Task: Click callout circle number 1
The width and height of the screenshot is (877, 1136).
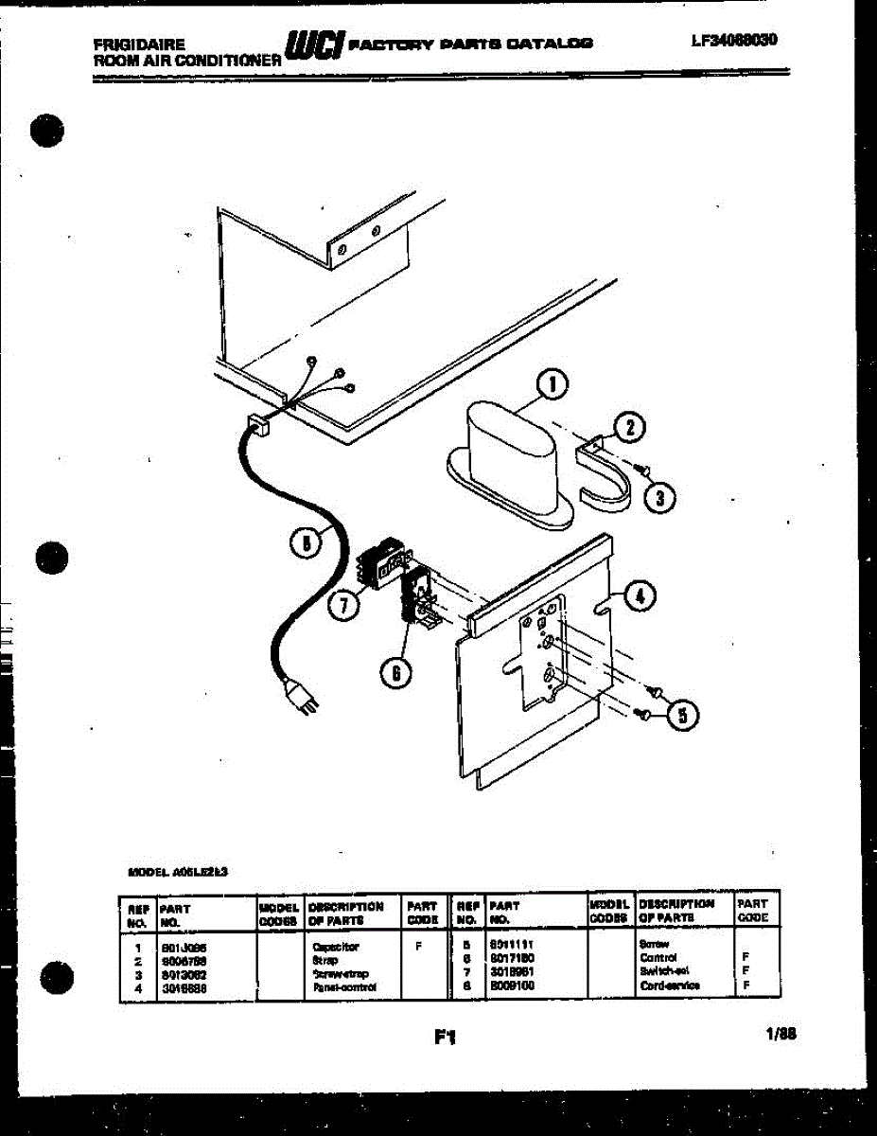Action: click(x=553, y=384)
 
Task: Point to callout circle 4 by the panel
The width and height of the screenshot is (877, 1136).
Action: click(x=640, y=595)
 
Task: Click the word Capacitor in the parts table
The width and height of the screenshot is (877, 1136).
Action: click(x=335, y=946)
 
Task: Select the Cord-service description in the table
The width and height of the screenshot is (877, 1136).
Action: click(x=669, y=986)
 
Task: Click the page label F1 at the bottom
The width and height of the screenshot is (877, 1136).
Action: click(x=445, y=1038)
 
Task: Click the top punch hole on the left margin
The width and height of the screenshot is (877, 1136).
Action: click(x=48, y=130)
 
